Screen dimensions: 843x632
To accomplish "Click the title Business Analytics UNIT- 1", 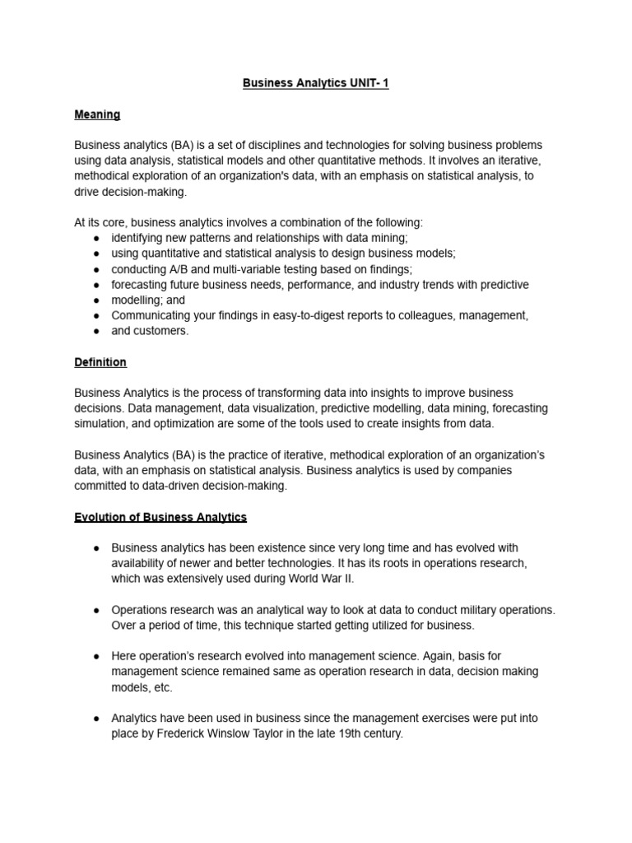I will pos(316,84).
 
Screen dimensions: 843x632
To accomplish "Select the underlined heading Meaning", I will pos(97,114).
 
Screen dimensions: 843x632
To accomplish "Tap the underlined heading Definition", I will pos(100,362).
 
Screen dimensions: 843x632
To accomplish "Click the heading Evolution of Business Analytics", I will pos(160,517).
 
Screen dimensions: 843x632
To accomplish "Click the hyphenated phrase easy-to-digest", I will pos(282,315).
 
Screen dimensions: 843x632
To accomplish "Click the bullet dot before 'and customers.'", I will pos(97,331).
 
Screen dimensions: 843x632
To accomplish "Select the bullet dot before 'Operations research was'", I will pos(97,610).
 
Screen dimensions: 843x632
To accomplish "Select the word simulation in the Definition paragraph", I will pos(103,424).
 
